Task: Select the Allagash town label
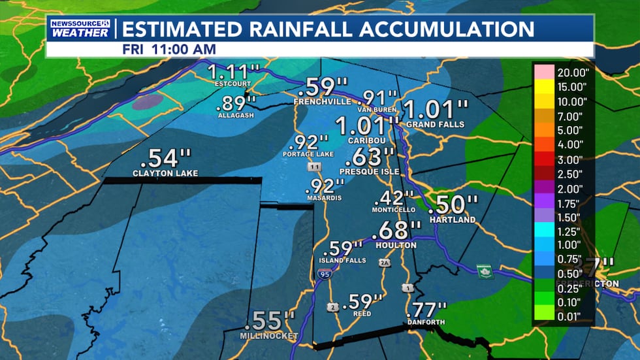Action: click(234, 115)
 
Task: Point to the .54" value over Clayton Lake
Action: click(166, 159)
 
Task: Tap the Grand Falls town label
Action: click(435, 124)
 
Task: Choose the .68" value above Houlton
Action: click(396, 231)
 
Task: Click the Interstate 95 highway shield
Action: click(325, 275)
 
